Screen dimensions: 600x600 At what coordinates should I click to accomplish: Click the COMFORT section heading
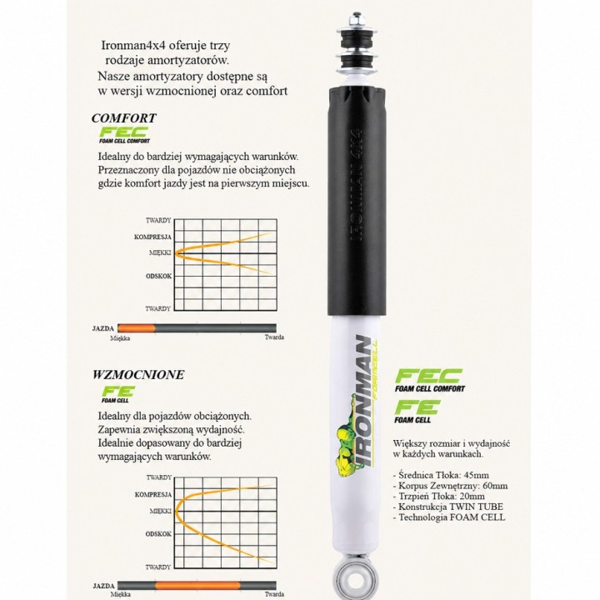coord(124,117)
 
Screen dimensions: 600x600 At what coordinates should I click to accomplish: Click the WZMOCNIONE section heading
coord(138,374)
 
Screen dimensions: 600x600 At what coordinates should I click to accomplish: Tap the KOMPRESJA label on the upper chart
coord(152,237)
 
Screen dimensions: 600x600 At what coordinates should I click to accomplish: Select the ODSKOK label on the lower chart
coord(158,534)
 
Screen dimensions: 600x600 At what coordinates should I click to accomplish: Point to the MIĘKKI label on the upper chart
coord(160,253)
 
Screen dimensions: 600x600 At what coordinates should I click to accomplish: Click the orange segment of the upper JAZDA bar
coord(137,328)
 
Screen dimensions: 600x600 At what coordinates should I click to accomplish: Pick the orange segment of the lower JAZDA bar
coord(197,586)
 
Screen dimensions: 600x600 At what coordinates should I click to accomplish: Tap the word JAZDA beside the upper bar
coord(103,328)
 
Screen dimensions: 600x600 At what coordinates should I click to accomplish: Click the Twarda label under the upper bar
coord(274,337)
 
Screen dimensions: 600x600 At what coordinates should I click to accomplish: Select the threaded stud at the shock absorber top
coord(357,20)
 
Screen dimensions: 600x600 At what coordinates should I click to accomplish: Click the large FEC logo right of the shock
coord(429,380)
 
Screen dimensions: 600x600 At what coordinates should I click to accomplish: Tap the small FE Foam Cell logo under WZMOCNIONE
coord(117,394)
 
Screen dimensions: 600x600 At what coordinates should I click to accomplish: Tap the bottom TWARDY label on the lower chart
coord(158,567)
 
